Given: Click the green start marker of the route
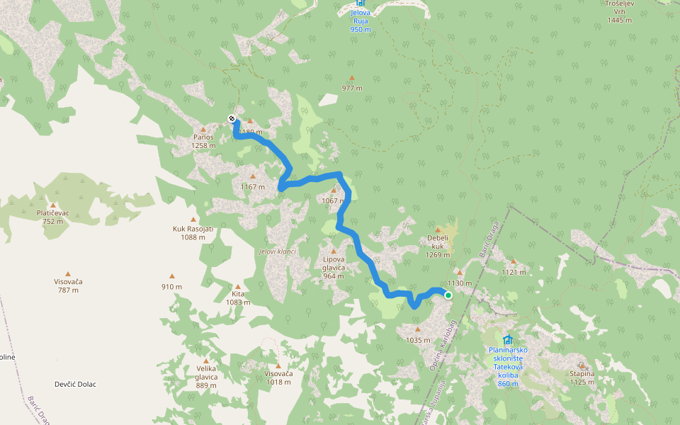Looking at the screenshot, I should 448,295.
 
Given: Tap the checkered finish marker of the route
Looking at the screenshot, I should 232,118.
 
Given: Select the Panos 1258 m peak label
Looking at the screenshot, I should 203,141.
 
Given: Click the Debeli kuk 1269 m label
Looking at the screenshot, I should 438,246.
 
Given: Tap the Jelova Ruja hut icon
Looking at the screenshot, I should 361,8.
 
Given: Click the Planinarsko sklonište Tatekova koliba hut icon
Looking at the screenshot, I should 507,339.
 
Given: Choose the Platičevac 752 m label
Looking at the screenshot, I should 52,217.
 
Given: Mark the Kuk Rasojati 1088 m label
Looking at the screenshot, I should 193,233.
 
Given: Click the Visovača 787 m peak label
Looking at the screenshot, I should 68,285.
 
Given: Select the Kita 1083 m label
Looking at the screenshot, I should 237,297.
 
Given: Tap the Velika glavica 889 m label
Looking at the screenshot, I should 206,376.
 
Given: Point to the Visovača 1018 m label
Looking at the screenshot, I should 278,378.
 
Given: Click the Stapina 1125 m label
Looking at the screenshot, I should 582,378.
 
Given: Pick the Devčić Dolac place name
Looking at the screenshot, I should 75,385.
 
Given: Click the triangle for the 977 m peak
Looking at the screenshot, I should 351,79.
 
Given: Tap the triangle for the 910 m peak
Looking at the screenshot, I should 171,277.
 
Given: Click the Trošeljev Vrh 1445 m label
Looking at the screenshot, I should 618,12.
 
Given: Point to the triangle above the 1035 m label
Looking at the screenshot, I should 418,329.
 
